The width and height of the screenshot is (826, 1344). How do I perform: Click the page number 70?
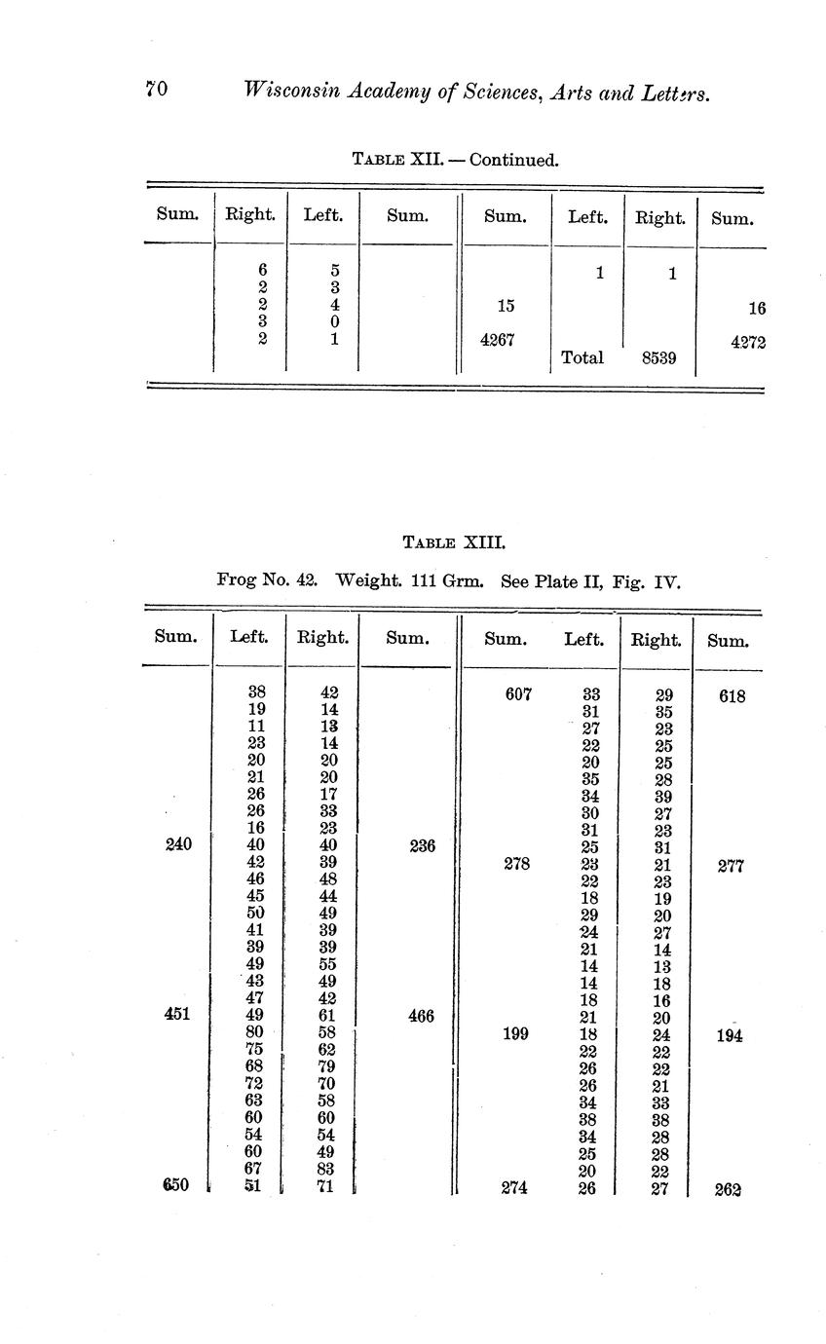pos(157,90)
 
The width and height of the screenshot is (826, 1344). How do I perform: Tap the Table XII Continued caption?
pos(455,159)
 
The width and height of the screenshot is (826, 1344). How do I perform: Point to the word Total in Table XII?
pos(582,357)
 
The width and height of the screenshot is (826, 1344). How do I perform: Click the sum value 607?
pos(517,695)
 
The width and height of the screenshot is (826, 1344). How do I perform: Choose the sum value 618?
pos(732,696)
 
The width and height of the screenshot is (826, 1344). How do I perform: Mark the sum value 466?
pos(421,1017)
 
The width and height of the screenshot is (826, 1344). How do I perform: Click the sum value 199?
pos(515,1033)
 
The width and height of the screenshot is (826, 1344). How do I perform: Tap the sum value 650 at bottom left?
pos(175,1184)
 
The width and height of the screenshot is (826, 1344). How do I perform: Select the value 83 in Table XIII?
pos(328,1168)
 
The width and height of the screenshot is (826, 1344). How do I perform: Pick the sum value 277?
pos(732,866)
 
